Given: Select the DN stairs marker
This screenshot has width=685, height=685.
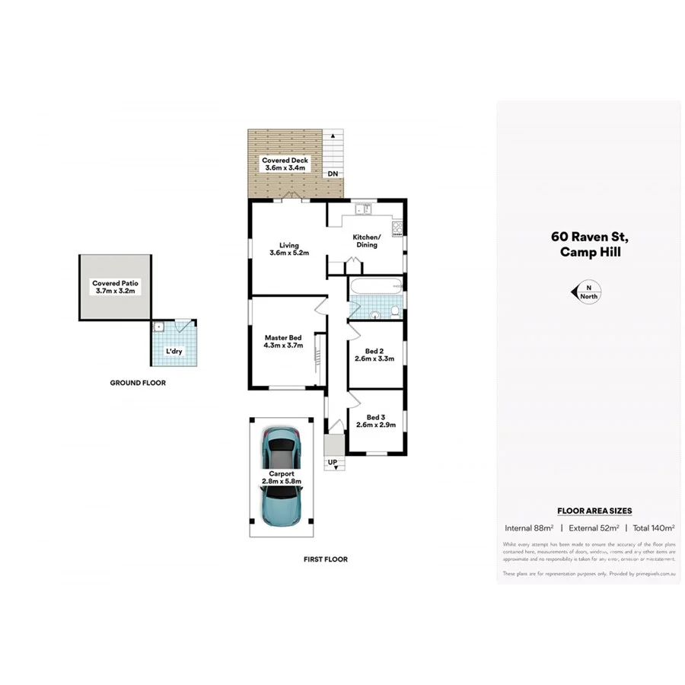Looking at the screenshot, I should (x=333, y=174).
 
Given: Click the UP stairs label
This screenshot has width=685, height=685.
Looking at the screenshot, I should (x=333, y=462).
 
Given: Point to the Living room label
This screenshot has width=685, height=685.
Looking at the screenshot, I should (x=288, y=245).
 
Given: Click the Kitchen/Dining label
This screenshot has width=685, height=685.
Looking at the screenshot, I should (x=365, y=241).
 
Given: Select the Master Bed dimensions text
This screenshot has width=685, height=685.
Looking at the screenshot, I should (x=283, y=346).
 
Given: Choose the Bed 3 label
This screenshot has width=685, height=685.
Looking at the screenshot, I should (x=374, y=417).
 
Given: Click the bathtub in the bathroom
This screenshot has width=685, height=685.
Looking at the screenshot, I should (x=377, y=288).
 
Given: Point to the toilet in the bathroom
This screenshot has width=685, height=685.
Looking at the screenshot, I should (x=395, y=311).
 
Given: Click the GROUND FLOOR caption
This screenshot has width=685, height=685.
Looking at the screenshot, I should (x=138, y=383).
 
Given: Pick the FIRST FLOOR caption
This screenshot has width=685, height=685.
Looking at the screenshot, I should (x=326, y=559).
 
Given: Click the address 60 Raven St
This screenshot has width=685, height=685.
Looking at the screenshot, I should (x=589, y=237).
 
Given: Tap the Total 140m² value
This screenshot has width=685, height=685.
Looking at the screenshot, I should (x=653, y=527).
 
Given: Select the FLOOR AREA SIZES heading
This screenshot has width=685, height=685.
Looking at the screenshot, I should (x=594, y=511).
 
